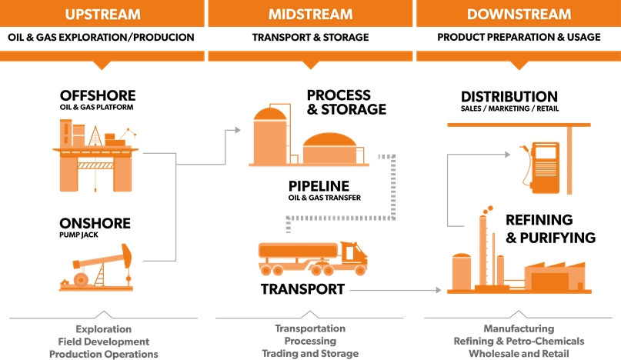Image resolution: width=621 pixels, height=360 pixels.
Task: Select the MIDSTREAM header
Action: (x=310, y=14)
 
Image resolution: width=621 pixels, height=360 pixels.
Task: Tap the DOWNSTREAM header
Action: (x=519, y=14)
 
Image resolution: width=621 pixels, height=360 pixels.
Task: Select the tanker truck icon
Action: (x=312, y=258)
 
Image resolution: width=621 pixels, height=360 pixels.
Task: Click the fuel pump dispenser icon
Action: (x=545, y=165)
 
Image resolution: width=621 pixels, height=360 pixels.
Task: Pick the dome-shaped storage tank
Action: (x=329, y=148)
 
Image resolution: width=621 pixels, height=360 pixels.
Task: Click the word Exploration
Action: (x=103, y=328)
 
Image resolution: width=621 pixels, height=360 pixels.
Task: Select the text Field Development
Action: (x=103, y=341)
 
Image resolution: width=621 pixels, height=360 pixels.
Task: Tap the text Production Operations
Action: (x=103, y=354)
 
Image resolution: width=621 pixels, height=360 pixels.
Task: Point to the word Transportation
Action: (x=310, y=328)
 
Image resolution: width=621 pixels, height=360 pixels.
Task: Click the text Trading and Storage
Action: (x=310, y=354)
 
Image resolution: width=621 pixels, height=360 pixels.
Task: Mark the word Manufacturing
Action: (x=519, y=328)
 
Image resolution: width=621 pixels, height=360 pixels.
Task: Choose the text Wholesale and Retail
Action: (x=519, y=354)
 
